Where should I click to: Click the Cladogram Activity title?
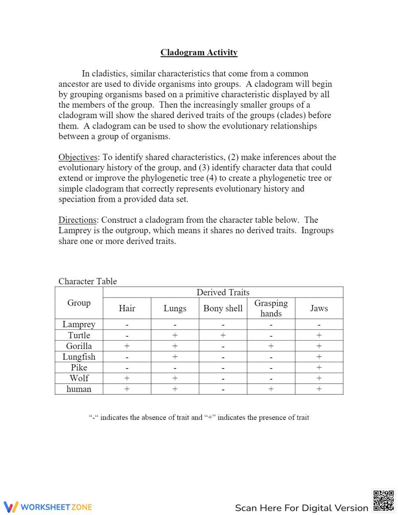(x=199, y=53)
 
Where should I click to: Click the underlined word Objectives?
(x=78, y=157)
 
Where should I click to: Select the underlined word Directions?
(x=78, y=220)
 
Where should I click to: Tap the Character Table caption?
(x=88, y=281)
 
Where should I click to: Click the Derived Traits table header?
(x=223, y=293)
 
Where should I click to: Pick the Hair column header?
(x=127, y=308)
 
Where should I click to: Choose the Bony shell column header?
(x=223, y=308)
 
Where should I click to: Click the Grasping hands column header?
(x=271, y=308)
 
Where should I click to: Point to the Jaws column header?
(x=319, y=308)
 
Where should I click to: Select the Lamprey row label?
(x=79, y=324)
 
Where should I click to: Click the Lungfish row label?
(x=79, y=357)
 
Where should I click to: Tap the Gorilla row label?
(x=79, y=346)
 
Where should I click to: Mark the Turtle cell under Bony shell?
(x=223, y=336)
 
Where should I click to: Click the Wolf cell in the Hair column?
(x=127, y=378)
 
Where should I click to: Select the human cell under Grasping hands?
(x=271, y=389)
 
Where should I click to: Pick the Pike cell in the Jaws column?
(x=319, y=368)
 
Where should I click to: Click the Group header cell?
(x=79, y=303)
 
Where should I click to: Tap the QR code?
(x=383, y=501)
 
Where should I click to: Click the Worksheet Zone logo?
(x=48, y=507)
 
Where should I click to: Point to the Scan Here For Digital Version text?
(x=301, y=508)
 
